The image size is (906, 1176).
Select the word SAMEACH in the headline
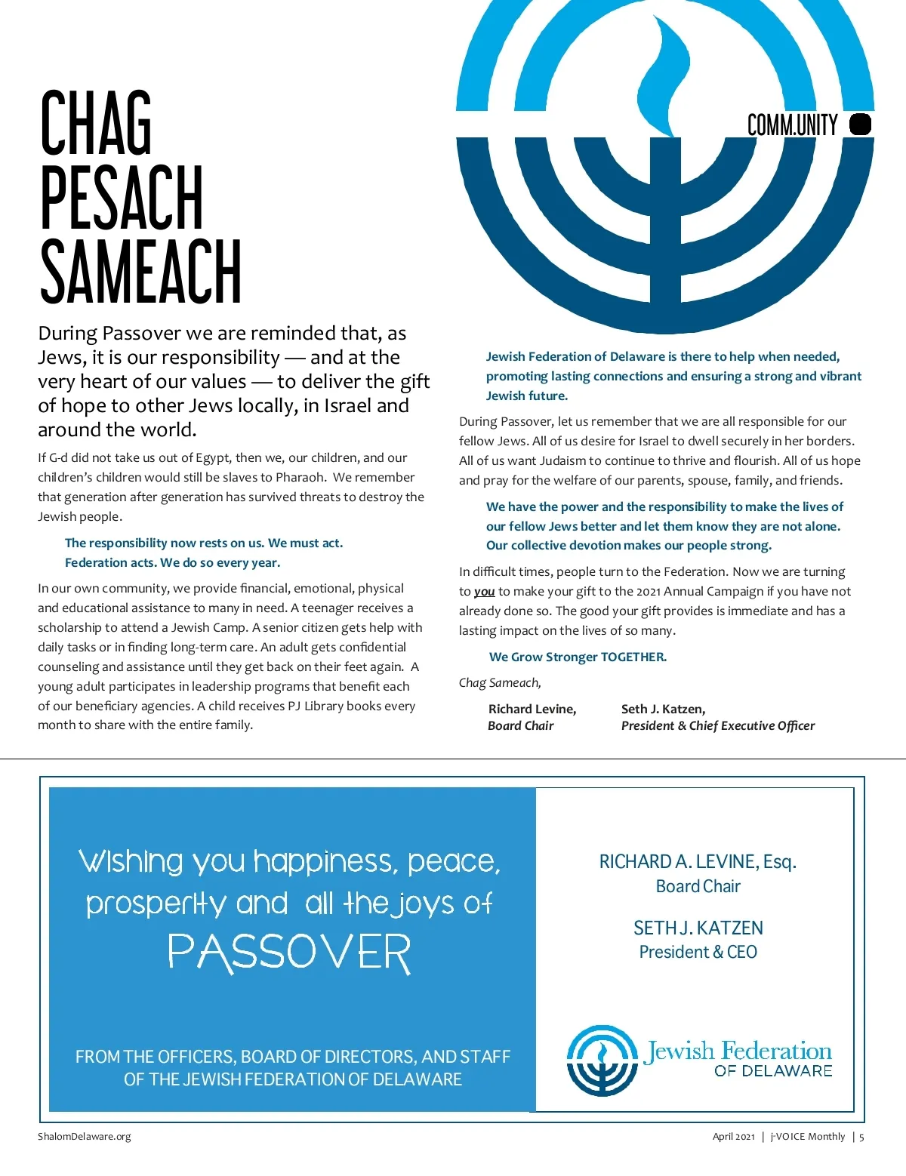tap(140, 271)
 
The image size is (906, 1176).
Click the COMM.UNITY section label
tap(792, 125)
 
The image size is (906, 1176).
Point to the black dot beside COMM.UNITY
tap(860, 125)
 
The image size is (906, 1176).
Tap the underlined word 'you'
tap(484, 592)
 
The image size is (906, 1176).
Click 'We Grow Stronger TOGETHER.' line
tap(578, 657)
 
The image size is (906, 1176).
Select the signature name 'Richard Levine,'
tap(532, 709)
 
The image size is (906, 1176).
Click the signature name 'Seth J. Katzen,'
tap(663, 709)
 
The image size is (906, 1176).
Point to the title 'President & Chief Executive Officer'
tap(717, 725)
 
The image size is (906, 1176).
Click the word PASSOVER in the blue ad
tap(289, 953)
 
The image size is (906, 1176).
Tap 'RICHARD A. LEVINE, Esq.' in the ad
tap(698, 861)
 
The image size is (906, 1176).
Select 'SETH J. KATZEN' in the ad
tap(698, 928)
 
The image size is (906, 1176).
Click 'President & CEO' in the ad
tap(698, 952)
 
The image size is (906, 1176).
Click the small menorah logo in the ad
tap(602, 1060)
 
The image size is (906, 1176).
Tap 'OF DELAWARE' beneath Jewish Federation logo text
tap(773, 1070)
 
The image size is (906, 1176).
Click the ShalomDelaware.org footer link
tap(85, 1136)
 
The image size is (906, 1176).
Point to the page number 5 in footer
tap(861, 1137)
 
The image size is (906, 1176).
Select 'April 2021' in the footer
tap(733, 1137)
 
